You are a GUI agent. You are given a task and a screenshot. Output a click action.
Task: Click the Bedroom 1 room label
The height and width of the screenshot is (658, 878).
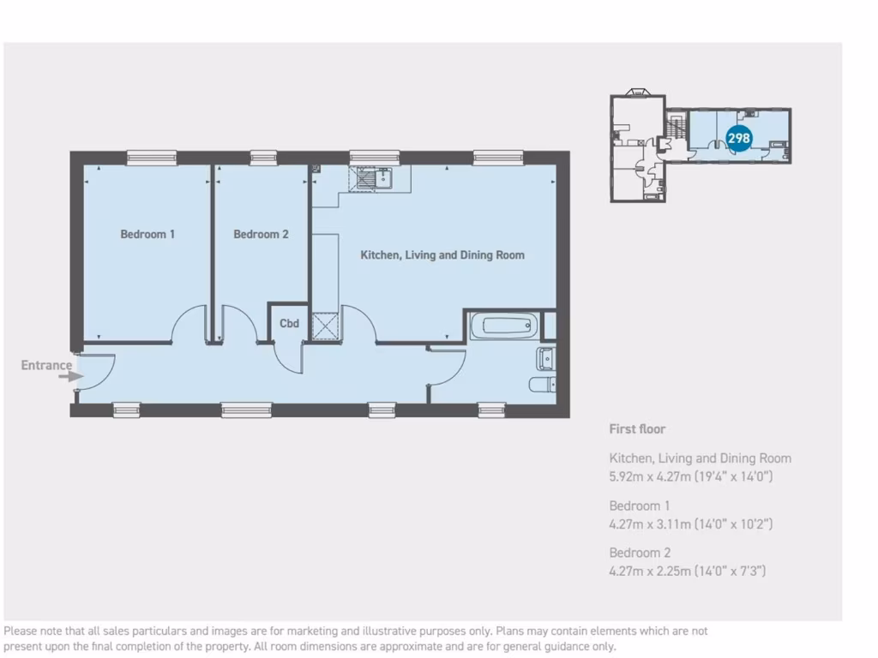[x=147, y=234]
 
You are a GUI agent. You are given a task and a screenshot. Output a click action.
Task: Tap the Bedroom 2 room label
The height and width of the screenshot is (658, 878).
[x=261, y=234]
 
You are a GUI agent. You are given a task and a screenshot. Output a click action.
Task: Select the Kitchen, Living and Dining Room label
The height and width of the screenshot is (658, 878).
[x=442, y=255]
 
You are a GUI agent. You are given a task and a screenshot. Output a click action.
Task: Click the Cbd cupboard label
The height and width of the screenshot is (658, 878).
[x=290, y=324]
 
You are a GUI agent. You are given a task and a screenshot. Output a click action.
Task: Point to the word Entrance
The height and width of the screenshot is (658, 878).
[x=46, y=365]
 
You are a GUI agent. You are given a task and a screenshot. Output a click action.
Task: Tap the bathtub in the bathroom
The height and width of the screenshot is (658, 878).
[x=504, y=326]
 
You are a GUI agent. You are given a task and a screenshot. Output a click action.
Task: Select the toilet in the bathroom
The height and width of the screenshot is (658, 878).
[x=542, y=385]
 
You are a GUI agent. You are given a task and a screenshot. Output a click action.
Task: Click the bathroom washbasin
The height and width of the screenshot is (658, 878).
[x=545, y=357]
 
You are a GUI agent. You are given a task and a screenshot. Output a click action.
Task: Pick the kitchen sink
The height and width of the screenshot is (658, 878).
[x=376, y=178]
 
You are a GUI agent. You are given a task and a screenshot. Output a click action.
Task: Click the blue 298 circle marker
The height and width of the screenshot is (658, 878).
[x=738, y=137]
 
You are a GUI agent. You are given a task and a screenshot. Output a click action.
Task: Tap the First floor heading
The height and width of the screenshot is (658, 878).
[x=637, y=429]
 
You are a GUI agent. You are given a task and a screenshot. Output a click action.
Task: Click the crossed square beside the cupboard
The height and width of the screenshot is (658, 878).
[x=326, y=328]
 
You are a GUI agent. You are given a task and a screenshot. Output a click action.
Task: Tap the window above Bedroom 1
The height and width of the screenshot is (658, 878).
[x=152, y=157]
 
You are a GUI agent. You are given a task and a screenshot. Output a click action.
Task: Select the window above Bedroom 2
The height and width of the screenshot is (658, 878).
[x=263, y=157]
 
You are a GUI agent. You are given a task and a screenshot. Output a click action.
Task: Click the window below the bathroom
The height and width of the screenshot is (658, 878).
[x=491, y=410]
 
